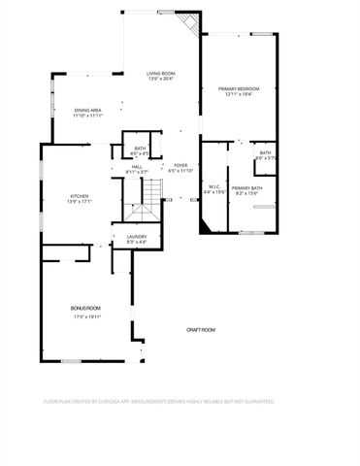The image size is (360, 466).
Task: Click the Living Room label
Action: (x=160, y=73)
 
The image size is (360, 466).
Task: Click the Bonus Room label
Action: (x=85, y=308)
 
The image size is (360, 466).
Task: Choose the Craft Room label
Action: (x=201, y=330)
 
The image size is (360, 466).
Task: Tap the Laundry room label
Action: (x=136, y=236)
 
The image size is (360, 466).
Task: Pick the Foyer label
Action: (x=180, y=165)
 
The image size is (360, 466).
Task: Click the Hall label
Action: (x=137, y=166)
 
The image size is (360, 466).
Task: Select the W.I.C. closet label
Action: (x=214, y=186)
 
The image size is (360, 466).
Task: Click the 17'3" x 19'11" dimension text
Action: (x=85, y=316)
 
